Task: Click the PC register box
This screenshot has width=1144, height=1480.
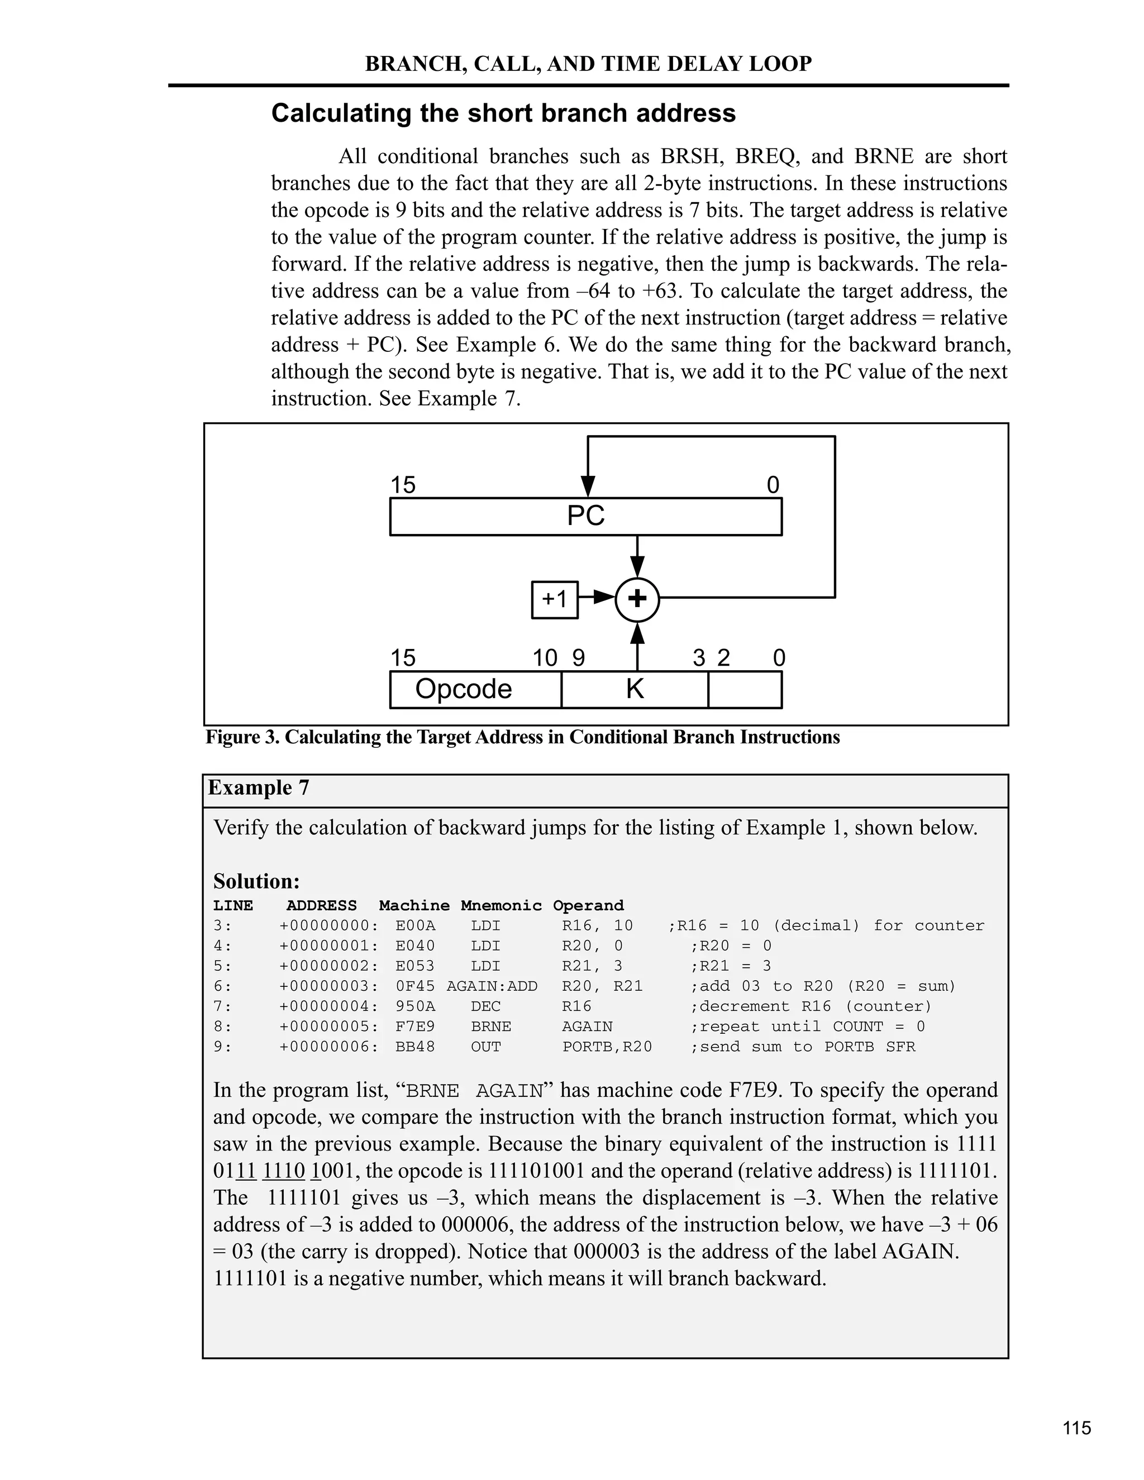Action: tap(585, 517)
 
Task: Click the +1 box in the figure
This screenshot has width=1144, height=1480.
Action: tap(554, 600)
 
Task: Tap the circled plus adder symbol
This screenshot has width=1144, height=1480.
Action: tap(637, 600)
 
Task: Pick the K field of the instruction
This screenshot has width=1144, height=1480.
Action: tap(635, 689)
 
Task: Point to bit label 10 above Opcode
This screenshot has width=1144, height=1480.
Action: tap(544, 658)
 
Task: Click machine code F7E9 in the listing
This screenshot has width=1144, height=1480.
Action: tap(415, 1027)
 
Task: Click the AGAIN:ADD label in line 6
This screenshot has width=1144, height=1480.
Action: tap(492, 986)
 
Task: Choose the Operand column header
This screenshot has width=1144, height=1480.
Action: tap(588, 906)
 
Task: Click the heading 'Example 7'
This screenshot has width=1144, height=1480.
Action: tap(258, 787)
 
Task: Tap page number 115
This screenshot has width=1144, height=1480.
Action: tap(1076, 1428)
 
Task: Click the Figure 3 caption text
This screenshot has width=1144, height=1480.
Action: tap(522, 737)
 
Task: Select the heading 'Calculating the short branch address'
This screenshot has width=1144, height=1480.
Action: tap(503, 113)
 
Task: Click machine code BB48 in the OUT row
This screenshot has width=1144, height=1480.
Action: tap(415, 1047)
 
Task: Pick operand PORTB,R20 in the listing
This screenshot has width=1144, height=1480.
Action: tap(607, 1047)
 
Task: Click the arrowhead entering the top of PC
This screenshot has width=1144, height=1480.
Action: tap(588, 486)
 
